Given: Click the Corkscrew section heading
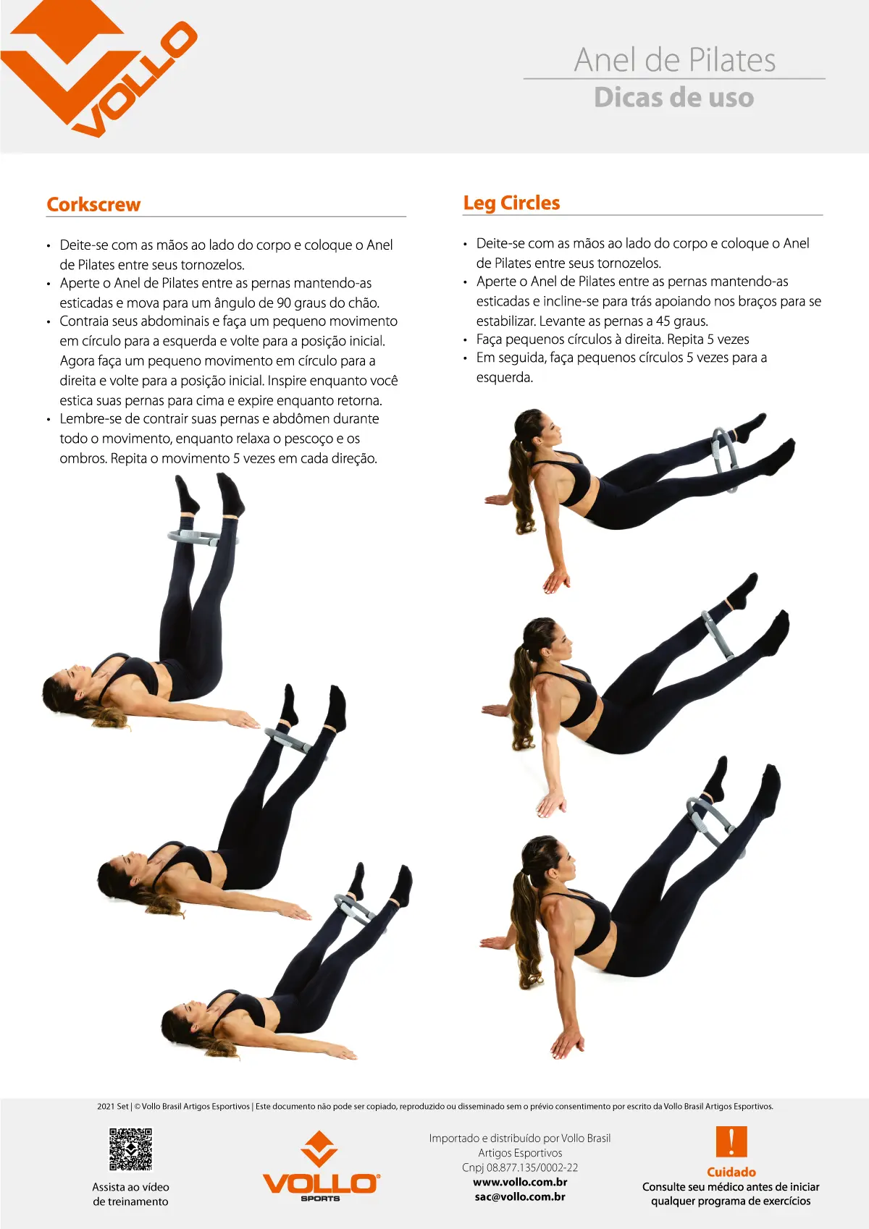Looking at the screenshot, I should [x=93, y=205].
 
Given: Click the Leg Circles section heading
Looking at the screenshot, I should [x=511, y=203].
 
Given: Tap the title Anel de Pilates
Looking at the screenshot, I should [x=674, y=60].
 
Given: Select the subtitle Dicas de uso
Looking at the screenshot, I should [x=673, y=98].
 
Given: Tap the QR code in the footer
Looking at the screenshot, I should [x=130, y=1149].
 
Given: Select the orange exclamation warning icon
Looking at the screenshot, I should [x=731, y=1141].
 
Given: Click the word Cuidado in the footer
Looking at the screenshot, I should [x=731, y=1172].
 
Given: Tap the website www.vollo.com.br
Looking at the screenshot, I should [x=520, y=1182].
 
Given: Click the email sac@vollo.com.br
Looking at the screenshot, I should [x=520, y=1196].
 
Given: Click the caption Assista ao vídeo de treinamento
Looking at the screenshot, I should [x=130, y=1194].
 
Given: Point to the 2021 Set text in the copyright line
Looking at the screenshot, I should [x=113, y=1107].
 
